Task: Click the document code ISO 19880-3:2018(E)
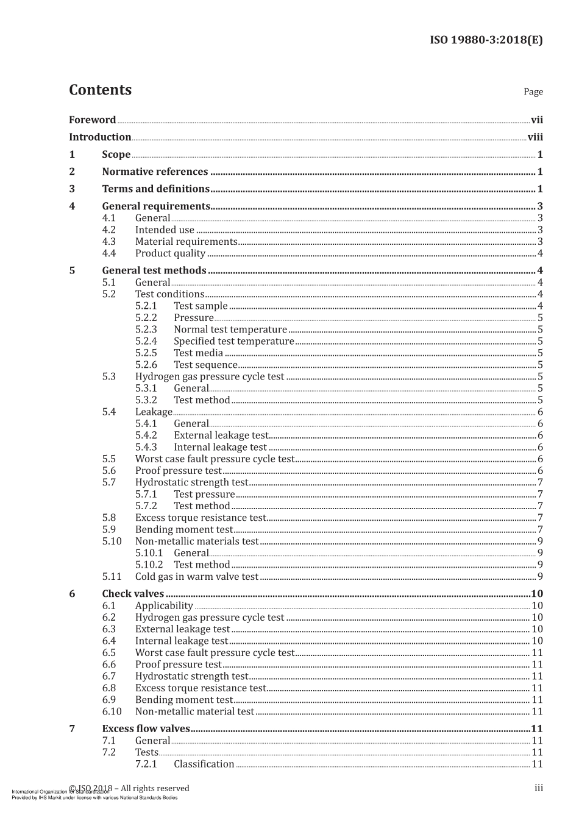[486, 40]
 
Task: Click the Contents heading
[100, 90]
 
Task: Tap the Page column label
[533, 92]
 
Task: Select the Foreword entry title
[92, 120]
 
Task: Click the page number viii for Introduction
[535, 137]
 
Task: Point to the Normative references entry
[155, 172]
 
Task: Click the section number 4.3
[108, 242]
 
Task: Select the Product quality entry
[170, 253]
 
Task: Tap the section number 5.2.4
[146, 341]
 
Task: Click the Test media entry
[198, 353]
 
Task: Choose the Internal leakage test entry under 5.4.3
[220, 447]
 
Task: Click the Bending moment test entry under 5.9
[184, 530]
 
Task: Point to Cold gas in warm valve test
[197, 577]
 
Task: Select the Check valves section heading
[133, 594]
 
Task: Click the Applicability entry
[164, 606]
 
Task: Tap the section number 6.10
[112, 711]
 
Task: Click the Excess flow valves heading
[146, 729]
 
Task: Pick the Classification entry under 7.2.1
[204, 764]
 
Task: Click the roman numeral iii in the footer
[538, 788]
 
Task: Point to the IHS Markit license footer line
[94, 797]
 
